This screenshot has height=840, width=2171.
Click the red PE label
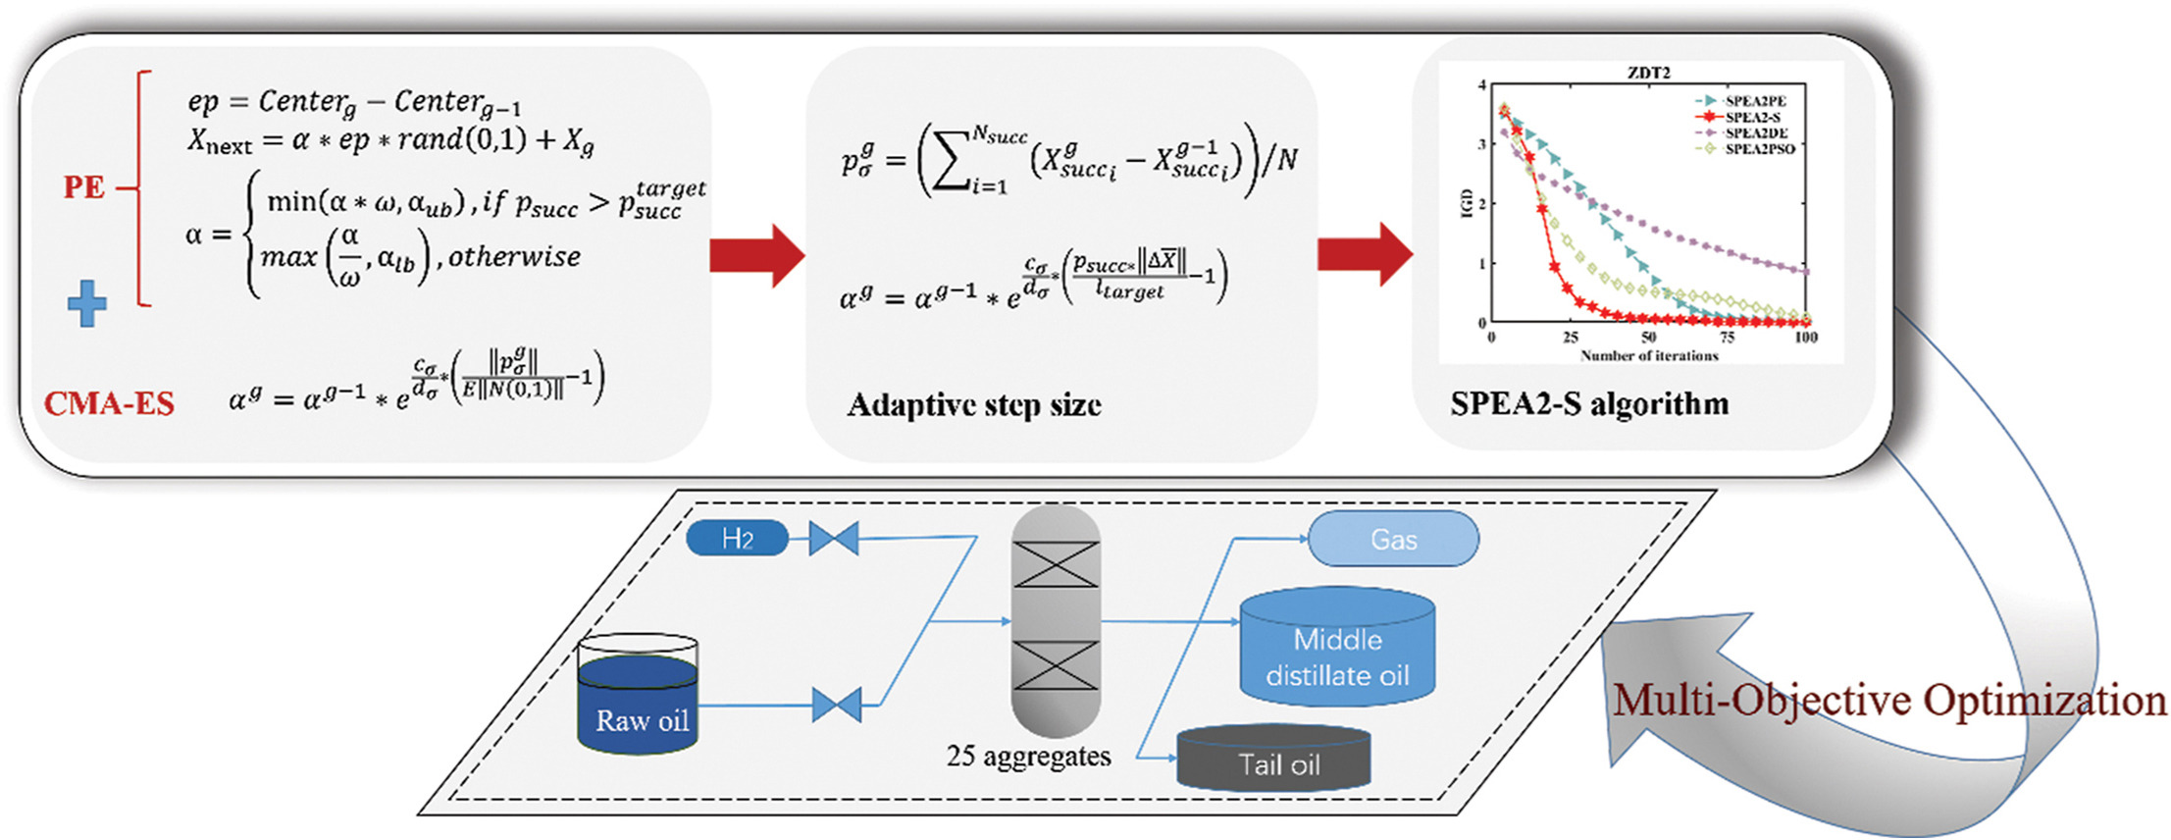(83, 186)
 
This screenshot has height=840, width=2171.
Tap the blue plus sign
(87, 303)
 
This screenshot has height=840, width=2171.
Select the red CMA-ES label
(109, 403)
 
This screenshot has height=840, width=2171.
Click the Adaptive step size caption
(974, 404)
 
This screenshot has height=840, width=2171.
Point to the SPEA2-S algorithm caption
(1589, 403)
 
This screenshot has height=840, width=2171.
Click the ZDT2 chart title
(1648, 73)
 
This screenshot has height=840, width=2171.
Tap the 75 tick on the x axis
(1727, 338)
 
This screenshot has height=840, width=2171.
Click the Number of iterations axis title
(1649, 355)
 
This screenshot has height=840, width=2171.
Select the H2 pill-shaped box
(737, 538)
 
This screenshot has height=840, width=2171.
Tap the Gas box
(1393, 539)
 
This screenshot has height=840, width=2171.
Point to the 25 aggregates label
(1028, 757)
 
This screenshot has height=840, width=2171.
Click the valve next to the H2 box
(834, 538)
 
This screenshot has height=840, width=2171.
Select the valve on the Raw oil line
(837, 705)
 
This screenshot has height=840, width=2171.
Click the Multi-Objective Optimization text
(1889, 701)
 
